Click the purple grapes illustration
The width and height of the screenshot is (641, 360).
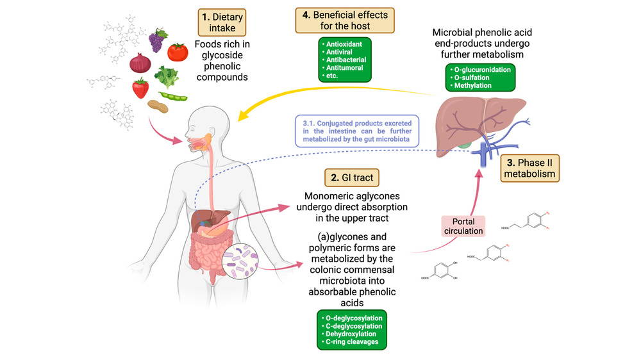coord(157,41)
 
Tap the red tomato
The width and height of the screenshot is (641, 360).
coord(178,51)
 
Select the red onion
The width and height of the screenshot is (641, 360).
coord(140,63)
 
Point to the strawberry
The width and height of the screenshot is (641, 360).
coord(140,88)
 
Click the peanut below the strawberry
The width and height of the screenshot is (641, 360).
coord(157,106)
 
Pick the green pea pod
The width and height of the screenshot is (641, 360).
coord(173,97)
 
